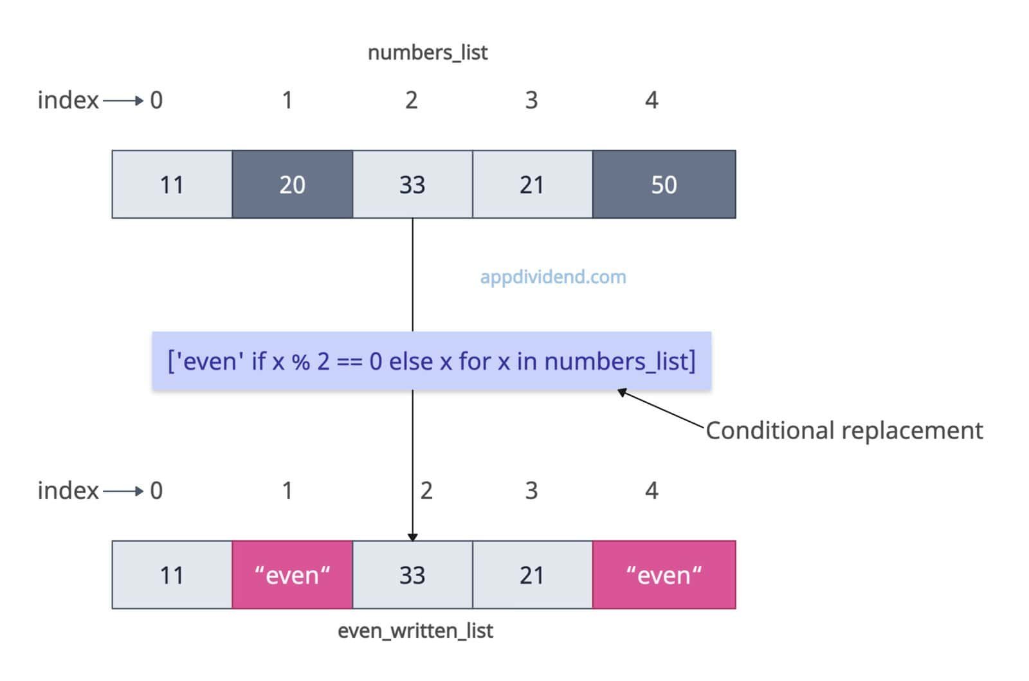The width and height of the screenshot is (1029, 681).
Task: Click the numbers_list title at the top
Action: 428,52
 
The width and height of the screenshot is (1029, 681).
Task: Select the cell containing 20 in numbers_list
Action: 292,185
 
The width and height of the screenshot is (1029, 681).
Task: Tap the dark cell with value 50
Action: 664,185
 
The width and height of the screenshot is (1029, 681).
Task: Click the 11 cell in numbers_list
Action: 172,185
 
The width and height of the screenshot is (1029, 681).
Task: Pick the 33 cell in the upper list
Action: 412,185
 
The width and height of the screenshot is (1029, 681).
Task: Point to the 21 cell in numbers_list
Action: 532,185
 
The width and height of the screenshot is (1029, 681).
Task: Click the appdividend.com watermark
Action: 553,277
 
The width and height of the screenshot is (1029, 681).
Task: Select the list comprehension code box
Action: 432,361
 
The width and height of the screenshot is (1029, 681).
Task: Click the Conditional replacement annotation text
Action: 844,430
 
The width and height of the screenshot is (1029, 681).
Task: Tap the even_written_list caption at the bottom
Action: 415,631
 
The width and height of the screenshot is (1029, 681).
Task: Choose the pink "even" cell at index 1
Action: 292,575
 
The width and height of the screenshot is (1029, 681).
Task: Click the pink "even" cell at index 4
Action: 664,575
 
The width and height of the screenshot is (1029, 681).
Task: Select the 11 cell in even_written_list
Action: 172,575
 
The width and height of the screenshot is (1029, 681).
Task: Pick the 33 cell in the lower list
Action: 412,575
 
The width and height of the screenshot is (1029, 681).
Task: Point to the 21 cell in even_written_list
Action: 532,575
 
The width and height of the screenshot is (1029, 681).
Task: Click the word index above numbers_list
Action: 68,100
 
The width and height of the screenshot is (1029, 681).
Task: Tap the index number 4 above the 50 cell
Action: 651,100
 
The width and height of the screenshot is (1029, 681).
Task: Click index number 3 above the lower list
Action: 531,491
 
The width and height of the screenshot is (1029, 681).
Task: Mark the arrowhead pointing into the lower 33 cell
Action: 413,537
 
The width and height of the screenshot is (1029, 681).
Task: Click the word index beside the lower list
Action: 68,491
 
